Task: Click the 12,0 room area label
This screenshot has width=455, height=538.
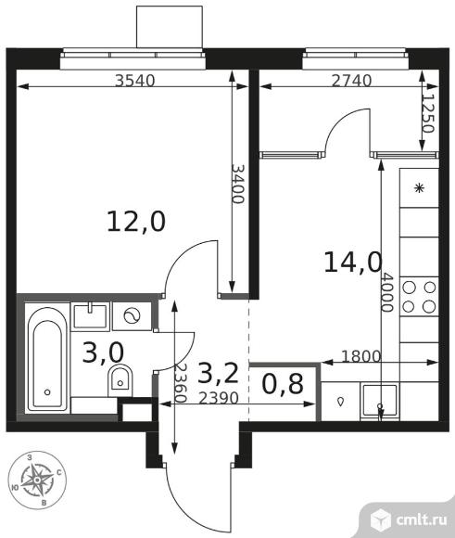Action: [x=136, y=222]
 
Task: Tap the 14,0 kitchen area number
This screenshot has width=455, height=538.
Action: [x=353, y=263]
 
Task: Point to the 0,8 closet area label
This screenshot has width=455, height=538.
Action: [x=283, y=384]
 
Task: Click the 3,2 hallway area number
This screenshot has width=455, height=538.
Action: [x=218, y=373]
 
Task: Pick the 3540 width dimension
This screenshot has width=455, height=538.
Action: [x=134, y=81]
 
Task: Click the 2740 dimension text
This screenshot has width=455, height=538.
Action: [x=352, y=81]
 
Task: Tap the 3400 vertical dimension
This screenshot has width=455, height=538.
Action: [x=238, y=184]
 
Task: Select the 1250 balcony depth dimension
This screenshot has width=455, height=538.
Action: [x=428, y=113]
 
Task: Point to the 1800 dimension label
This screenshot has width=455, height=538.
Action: [x=361, y=357]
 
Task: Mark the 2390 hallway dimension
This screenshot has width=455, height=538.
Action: [x=219, y=398]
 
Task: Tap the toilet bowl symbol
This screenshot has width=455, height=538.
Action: [x=120, y=381]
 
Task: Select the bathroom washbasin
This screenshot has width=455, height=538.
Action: [x=90, y=316]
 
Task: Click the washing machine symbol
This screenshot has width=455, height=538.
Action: [x=132, y=316]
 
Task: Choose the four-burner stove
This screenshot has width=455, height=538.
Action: [x=419, y=297]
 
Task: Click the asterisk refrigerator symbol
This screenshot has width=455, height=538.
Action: [x=419, y=188]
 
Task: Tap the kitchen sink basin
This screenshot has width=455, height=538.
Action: [x=380, y=401]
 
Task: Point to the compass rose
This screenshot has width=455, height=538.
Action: [x=36, y=480]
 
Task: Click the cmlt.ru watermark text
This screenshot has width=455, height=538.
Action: [x=422, y=520]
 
